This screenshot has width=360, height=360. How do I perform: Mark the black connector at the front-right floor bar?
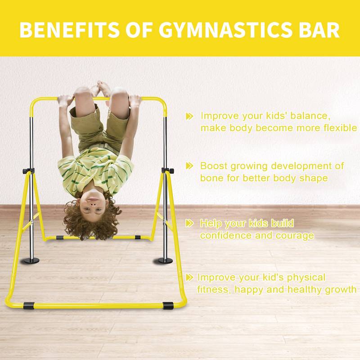coord(168,306)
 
